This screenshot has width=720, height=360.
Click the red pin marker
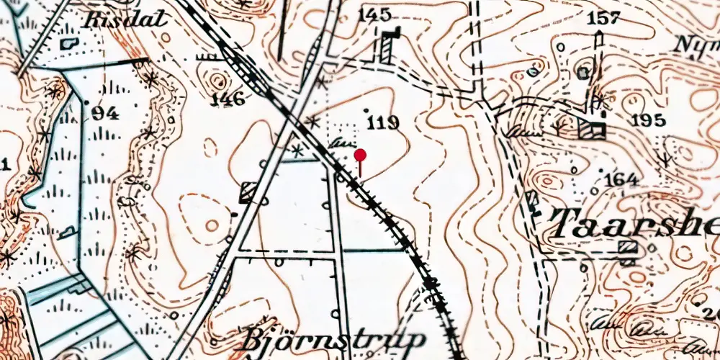(x=360, y=155)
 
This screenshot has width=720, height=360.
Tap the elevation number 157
(x=603, y=18)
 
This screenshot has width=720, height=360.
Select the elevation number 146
(x=228, y=99)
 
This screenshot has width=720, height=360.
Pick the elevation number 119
(x=382, y=122)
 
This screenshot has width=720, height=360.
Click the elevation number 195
(x=646, y=120)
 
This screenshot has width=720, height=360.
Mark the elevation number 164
(x=621, y=179)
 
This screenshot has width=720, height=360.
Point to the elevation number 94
(x=104, y=112)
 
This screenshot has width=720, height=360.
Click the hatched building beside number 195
(x=592, y=130)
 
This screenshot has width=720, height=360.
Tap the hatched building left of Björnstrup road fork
(x=249, y=192)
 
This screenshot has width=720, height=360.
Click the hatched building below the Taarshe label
(x=629, y=248)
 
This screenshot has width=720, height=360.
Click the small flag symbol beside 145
(x=392, y=34)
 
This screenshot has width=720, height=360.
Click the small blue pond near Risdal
(x=70, y=43)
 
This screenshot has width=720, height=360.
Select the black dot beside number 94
(x=87, y=102)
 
